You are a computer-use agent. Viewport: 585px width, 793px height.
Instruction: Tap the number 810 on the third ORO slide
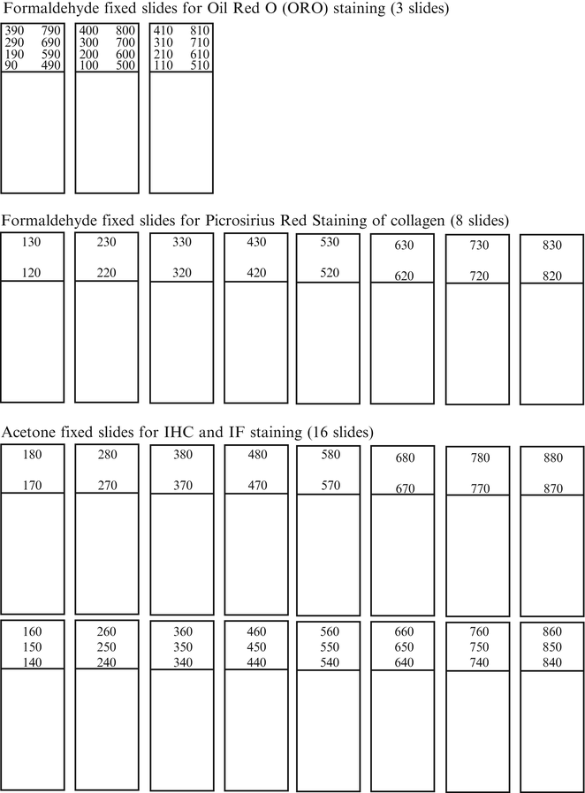pyautogui.click(x=199, y=31)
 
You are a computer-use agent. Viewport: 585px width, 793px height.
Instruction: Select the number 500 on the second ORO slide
pyautogui.click(x=125, y=65)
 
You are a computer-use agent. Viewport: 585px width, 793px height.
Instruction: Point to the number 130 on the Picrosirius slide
pyautogui.click(x=31, y=242)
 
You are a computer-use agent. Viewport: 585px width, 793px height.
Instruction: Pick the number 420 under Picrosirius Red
pyautogui.click(x=256, y=273)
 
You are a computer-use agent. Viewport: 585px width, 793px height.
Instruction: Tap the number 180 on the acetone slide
pyautogui.click(x=31, y=455)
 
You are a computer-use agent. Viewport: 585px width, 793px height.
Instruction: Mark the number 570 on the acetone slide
pyautogui.click(x=330, y=485)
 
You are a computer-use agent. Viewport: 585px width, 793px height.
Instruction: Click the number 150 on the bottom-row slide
pyautogui.click(x=31, y=647)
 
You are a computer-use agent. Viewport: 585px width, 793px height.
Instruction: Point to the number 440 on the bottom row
pyautogui.click(x=256, y=662)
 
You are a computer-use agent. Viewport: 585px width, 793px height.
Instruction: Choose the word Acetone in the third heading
pyautogui.click(x=28, y=433)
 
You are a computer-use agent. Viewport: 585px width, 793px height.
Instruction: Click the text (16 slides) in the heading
pyautogui.click(x=340, y=433)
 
